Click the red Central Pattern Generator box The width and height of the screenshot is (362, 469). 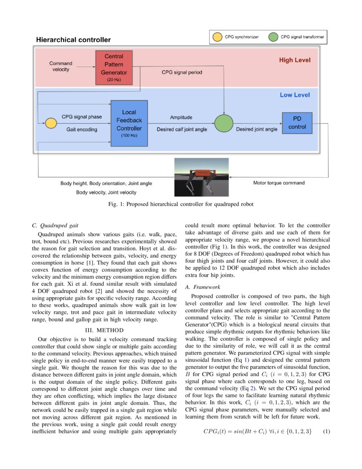114,67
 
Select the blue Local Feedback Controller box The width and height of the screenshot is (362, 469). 129,122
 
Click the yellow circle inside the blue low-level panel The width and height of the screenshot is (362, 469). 51,123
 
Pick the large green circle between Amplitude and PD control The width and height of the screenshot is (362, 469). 224,123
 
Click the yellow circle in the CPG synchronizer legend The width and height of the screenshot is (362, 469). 217,37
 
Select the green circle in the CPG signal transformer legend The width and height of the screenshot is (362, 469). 272,37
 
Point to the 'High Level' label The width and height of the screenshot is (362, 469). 295,60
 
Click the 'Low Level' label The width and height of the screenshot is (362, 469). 295,95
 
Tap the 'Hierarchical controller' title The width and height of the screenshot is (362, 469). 73,40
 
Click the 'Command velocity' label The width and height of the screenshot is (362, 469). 61,66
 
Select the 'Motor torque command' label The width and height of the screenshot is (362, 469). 279,183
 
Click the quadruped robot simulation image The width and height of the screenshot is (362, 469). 201,177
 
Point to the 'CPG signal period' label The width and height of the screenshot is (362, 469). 182,72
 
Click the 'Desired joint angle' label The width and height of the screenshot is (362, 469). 257,129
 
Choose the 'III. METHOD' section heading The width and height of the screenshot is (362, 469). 104,330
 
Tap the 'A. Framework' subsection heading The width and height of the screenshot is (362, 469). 203,287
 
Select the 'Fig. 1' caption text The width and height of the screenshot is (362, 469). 181,204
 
